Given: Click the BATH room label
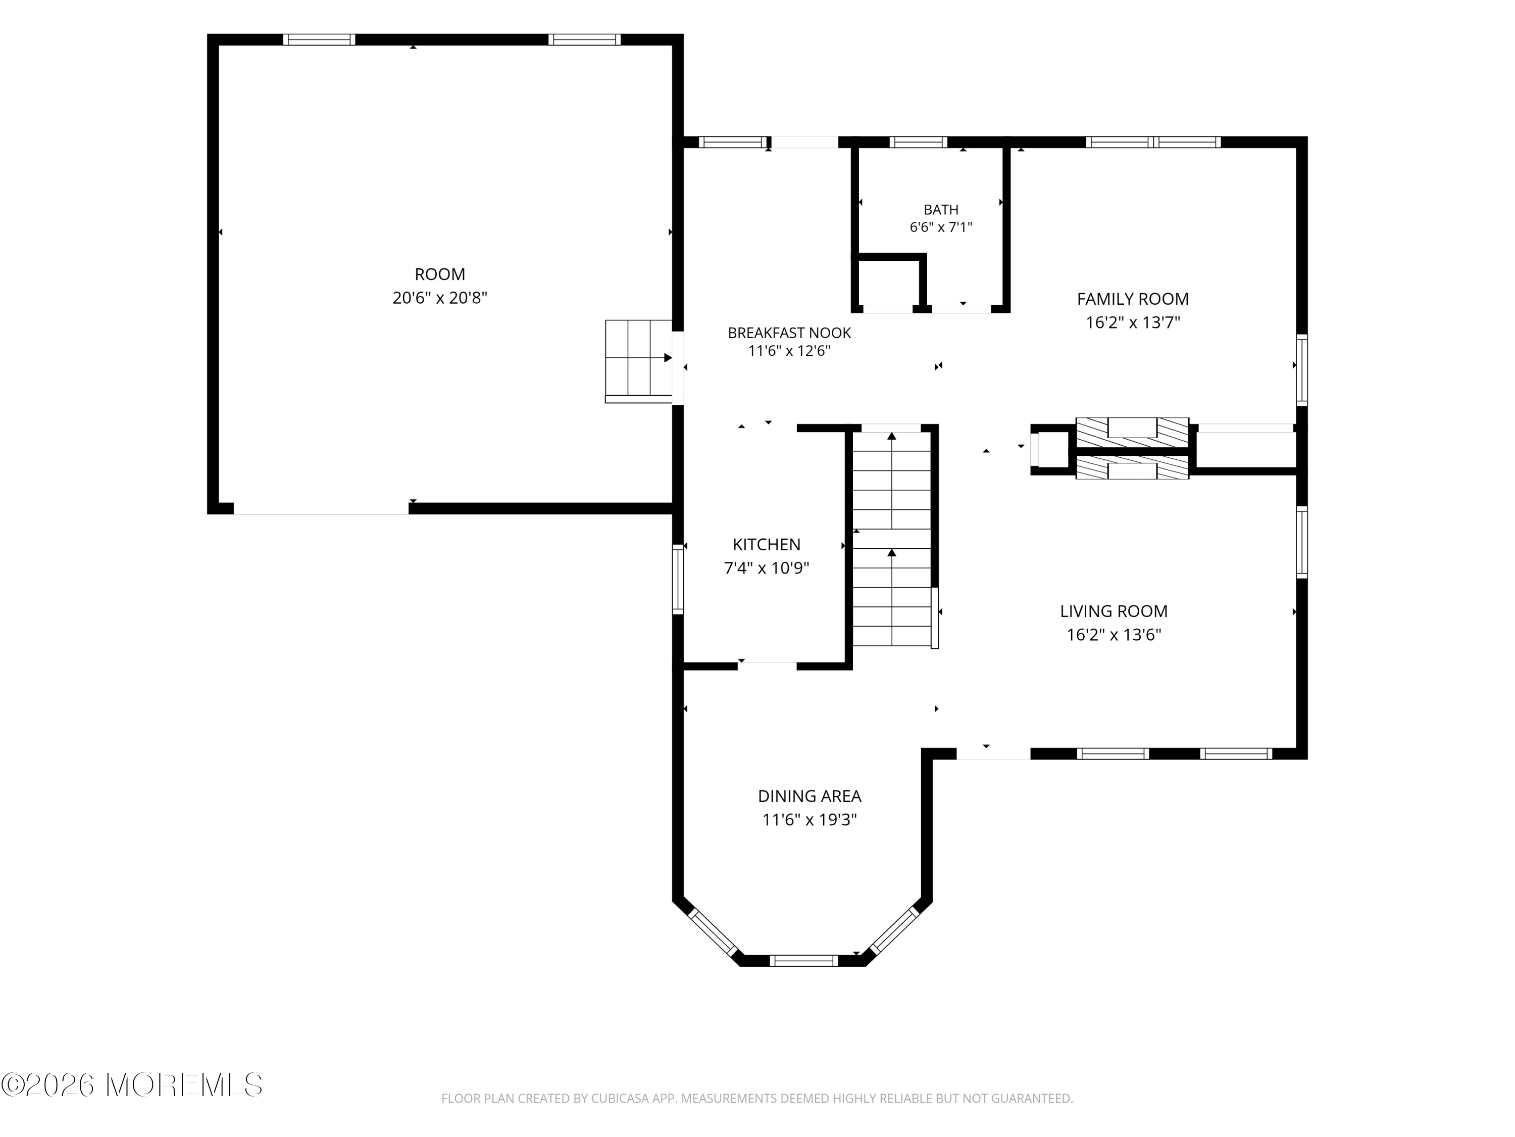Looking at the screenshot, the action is coord(940,210).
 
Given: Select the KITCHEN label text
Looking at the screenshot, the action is coord(767,544).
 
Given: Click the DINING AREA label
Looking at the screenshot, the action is coord(809,796).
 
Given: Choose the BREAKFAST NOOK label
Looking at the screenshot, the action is coord(789,333).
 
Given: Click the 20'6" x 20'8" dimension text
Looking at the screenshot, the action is coord(440,298).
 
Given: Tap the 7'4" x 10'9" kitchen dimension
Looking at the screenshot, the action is coord(767,568).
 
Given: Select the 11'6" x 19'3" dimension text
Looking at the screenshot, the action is coord(810,820).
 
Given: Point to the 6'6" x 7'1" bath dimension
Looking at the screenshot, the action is coord(940,227).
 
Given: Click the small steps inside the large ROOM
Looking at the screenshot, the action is coord(638,361).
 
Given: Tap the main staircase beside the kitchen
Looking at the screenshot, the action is coord(892,538).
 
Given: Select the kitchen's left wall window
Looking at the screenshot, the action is coord(678,579).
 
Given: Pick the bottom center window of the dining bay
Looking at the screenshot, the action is coord(803,961).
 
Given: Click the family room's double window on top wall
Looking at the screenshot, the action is coord(1153,143).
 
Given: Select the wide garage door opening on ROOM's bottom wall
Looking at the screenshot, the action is coord(321,508).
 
